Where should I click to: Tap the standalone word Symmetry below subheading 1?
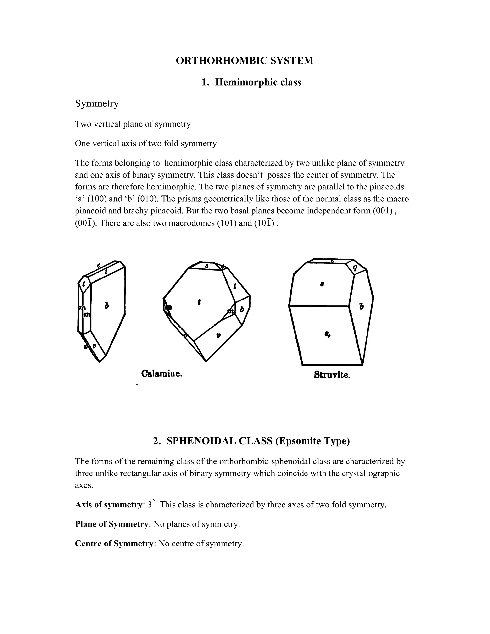(x=97, y=103)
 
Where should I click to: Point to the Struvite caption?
(x=332, y=375)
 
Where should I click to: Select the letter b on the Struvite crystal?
(x=361, y=306)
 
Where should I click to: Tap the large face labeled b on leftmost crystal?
(x=107, y=306)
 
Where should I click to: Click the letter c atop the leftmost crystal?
(x=99, y=265)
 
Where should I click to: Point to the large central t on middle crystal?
(x=199, y=302)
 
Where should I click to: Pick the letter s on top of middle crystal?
(x=207, y=266)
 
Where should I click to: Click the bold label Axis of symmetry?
(x=108, y=505)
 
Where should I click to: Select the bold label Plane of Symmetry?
(x=111, y=524)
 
